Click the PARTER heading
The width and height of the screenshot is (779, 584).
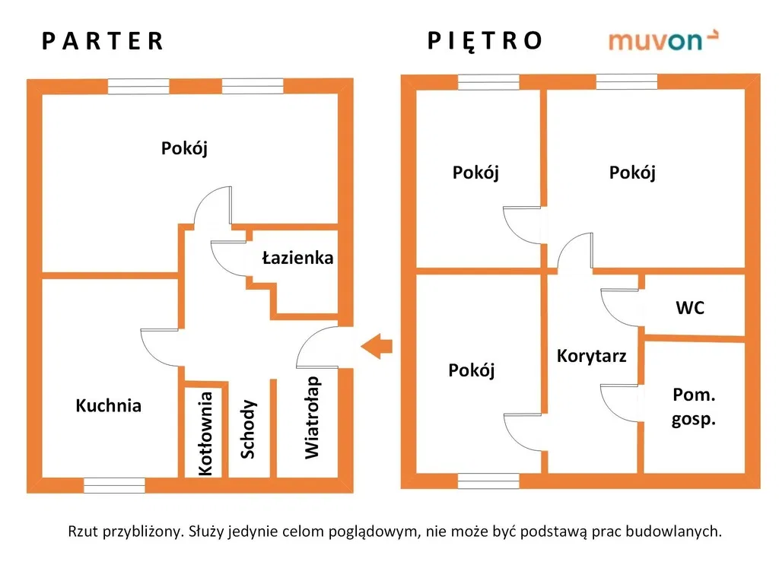pyautogui.click(x=103, y=41)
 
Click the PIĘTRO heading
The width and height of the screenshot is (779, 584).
pyautogui.click(x=485, y=41)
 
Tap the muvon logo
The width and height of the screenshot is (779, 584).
pyautogui.click(x=663, y=41)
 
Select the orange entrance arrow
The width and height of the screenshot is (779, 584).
pyautogui.click(x=377, y=346)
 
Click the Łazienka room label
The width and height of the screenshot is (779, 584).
pyautogui.click(x=297, y=258)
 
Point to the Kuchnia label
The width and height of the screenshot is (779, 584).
pyautogui.click(x=108, y=406)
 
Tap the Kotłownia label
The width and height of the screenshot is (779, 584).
pyautogui.click(x=205, y=433)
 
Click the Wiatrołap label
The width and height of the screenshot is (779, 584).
pyautogui.click(x=312, y=417)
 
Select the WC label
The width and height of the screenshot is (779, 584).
pyautogui.click(x=690, y=308)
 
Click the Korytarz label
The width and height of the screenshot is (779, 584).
pyautogui.click(x=591, y=356)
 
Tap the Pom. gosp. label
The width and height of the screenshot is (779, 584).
pyautogui.click(x=694, y=408)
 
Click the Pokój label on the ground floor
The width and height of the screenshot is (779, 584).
pyautogui.click(x=184, y=148)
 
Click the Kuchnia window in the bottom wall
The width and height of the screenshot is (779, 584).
pyautogui.click(x=114, y=485)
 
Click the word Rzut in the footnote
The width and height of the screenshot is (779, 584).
pyautogui.click(x=82, y=532)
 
